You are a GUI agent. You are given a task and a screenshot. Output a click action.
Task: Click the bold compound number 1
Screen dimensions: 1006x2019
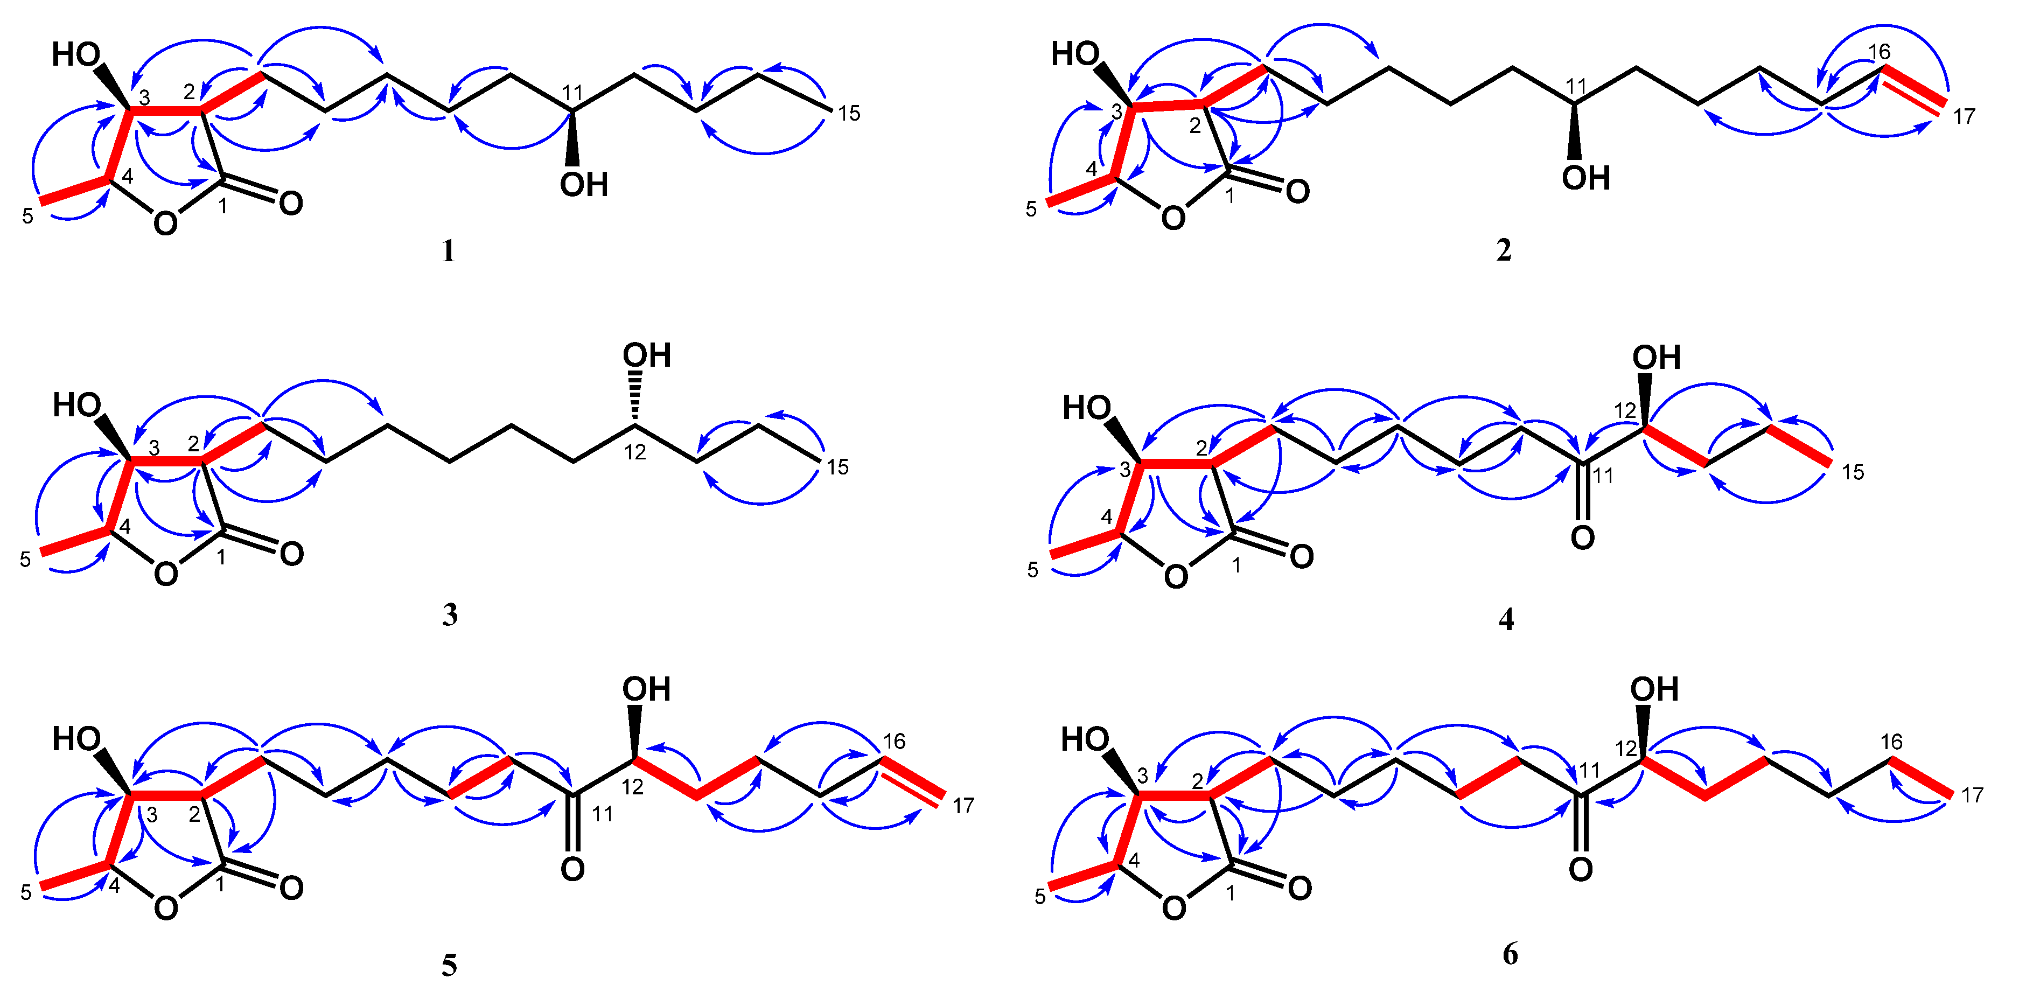[448, 251]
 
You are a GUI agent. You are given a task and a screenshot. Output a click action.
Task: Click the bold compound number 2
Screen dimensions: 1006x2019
[1503, 250]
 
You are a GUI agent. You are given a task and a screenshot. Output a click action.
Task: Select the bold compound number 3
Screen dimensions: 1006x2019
[450, 615]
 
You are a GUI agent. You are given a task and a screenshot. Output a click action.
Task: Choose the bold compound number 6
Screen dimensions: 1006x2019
[1510, 954]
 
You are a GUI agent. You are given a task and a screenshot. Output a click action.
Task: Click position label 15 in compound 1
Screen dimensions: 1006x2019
[849, 114]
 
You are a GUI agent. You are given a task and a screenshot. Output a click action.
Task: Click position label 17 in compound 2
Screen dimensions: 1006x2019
[1964, 117]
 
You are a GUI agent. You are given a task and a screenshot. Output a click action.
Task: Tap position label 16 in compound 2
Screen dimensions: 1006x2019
[1878, 52]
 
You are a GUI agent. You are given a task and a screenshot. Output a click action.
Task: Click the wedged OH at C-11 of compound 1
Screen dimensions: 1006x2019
[584, 185]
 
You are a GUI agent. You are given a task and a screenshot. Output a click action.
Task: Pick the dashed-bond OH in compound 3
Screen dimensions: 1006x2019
[647, 355]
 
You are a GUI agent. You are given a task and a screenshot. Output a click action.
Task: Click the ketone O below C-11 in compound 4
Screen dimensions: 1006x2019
[1582, 537]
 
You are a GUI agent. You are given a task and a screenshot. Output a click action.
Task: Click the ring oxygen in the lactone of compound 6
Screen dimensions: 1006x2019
[1173, 908]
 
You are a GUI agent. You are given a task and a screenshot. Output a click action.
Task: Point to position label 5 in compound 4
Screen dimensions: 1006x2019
[1033, 570]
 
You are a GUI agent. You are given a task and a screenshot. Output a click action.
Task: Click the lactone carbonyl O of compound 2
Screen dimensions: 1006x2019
[1297, 191]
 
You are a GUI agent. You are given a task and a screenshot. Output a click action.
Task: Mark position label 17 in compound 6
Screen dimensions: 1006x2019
[1972, 795]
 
